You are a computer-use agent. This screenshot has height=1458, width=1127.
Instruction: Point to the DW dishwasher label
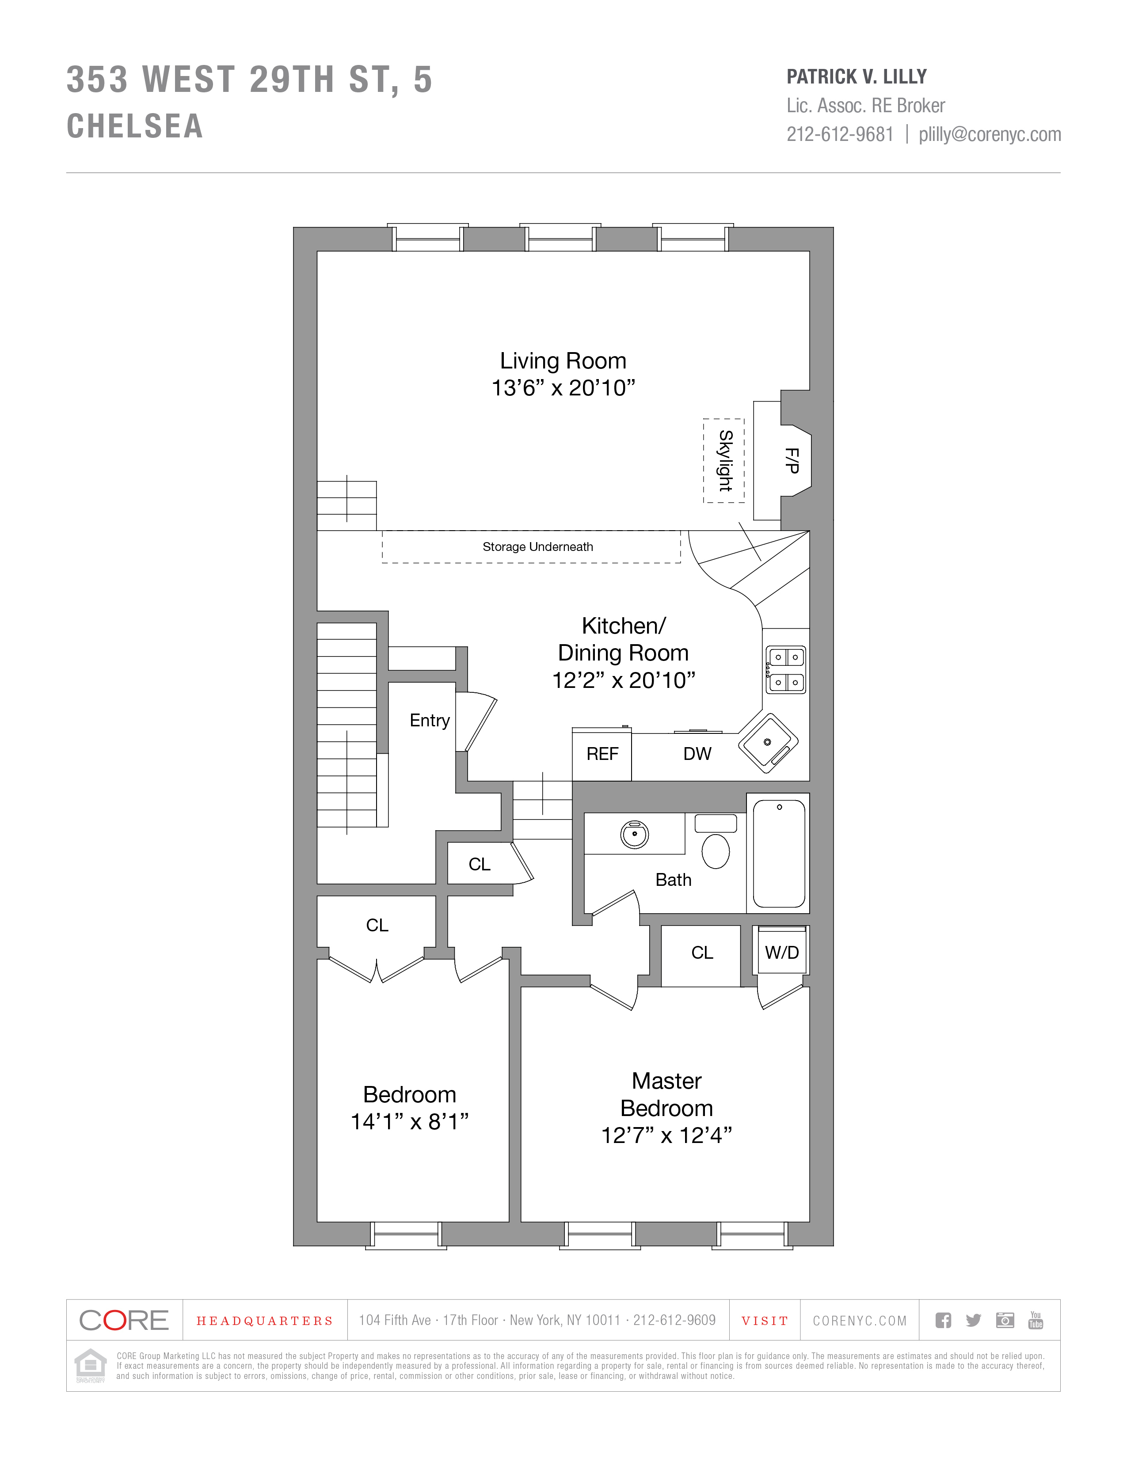(697, 754)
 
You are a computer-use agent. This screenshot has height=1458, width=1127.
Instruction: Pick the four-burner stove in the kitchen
(786, 670)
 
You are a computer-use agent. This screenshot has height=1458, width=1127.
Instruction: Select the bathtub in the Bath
(778, 853)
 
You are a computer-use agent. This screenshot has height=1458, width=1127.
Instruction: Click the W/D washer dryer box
(781, 953)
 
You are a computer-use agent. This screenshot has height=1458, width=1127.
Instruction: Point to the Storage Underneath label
(537, 547)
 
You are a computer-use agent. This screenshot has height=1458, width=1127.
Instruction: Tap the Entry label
(429, 720)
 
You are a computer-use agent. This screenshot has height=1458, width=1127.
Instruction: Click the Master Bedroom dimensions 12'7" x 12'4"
(666, 1135)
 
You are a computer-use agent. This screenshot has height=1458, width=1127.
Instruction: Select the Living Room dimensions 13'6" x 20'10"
(563, 388)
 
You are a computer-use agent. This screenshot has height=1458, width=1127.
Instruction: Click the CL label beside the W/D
(702, 953)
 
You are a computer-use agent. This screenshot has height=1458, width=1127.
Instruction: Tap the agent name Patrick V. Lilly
(857, 77)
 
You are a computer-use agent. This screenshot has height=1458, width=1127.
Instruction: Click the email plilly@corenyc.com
(990, 134)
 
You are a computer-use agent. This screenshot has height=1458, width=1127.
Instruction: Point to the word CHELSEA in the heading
(135, 126)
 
